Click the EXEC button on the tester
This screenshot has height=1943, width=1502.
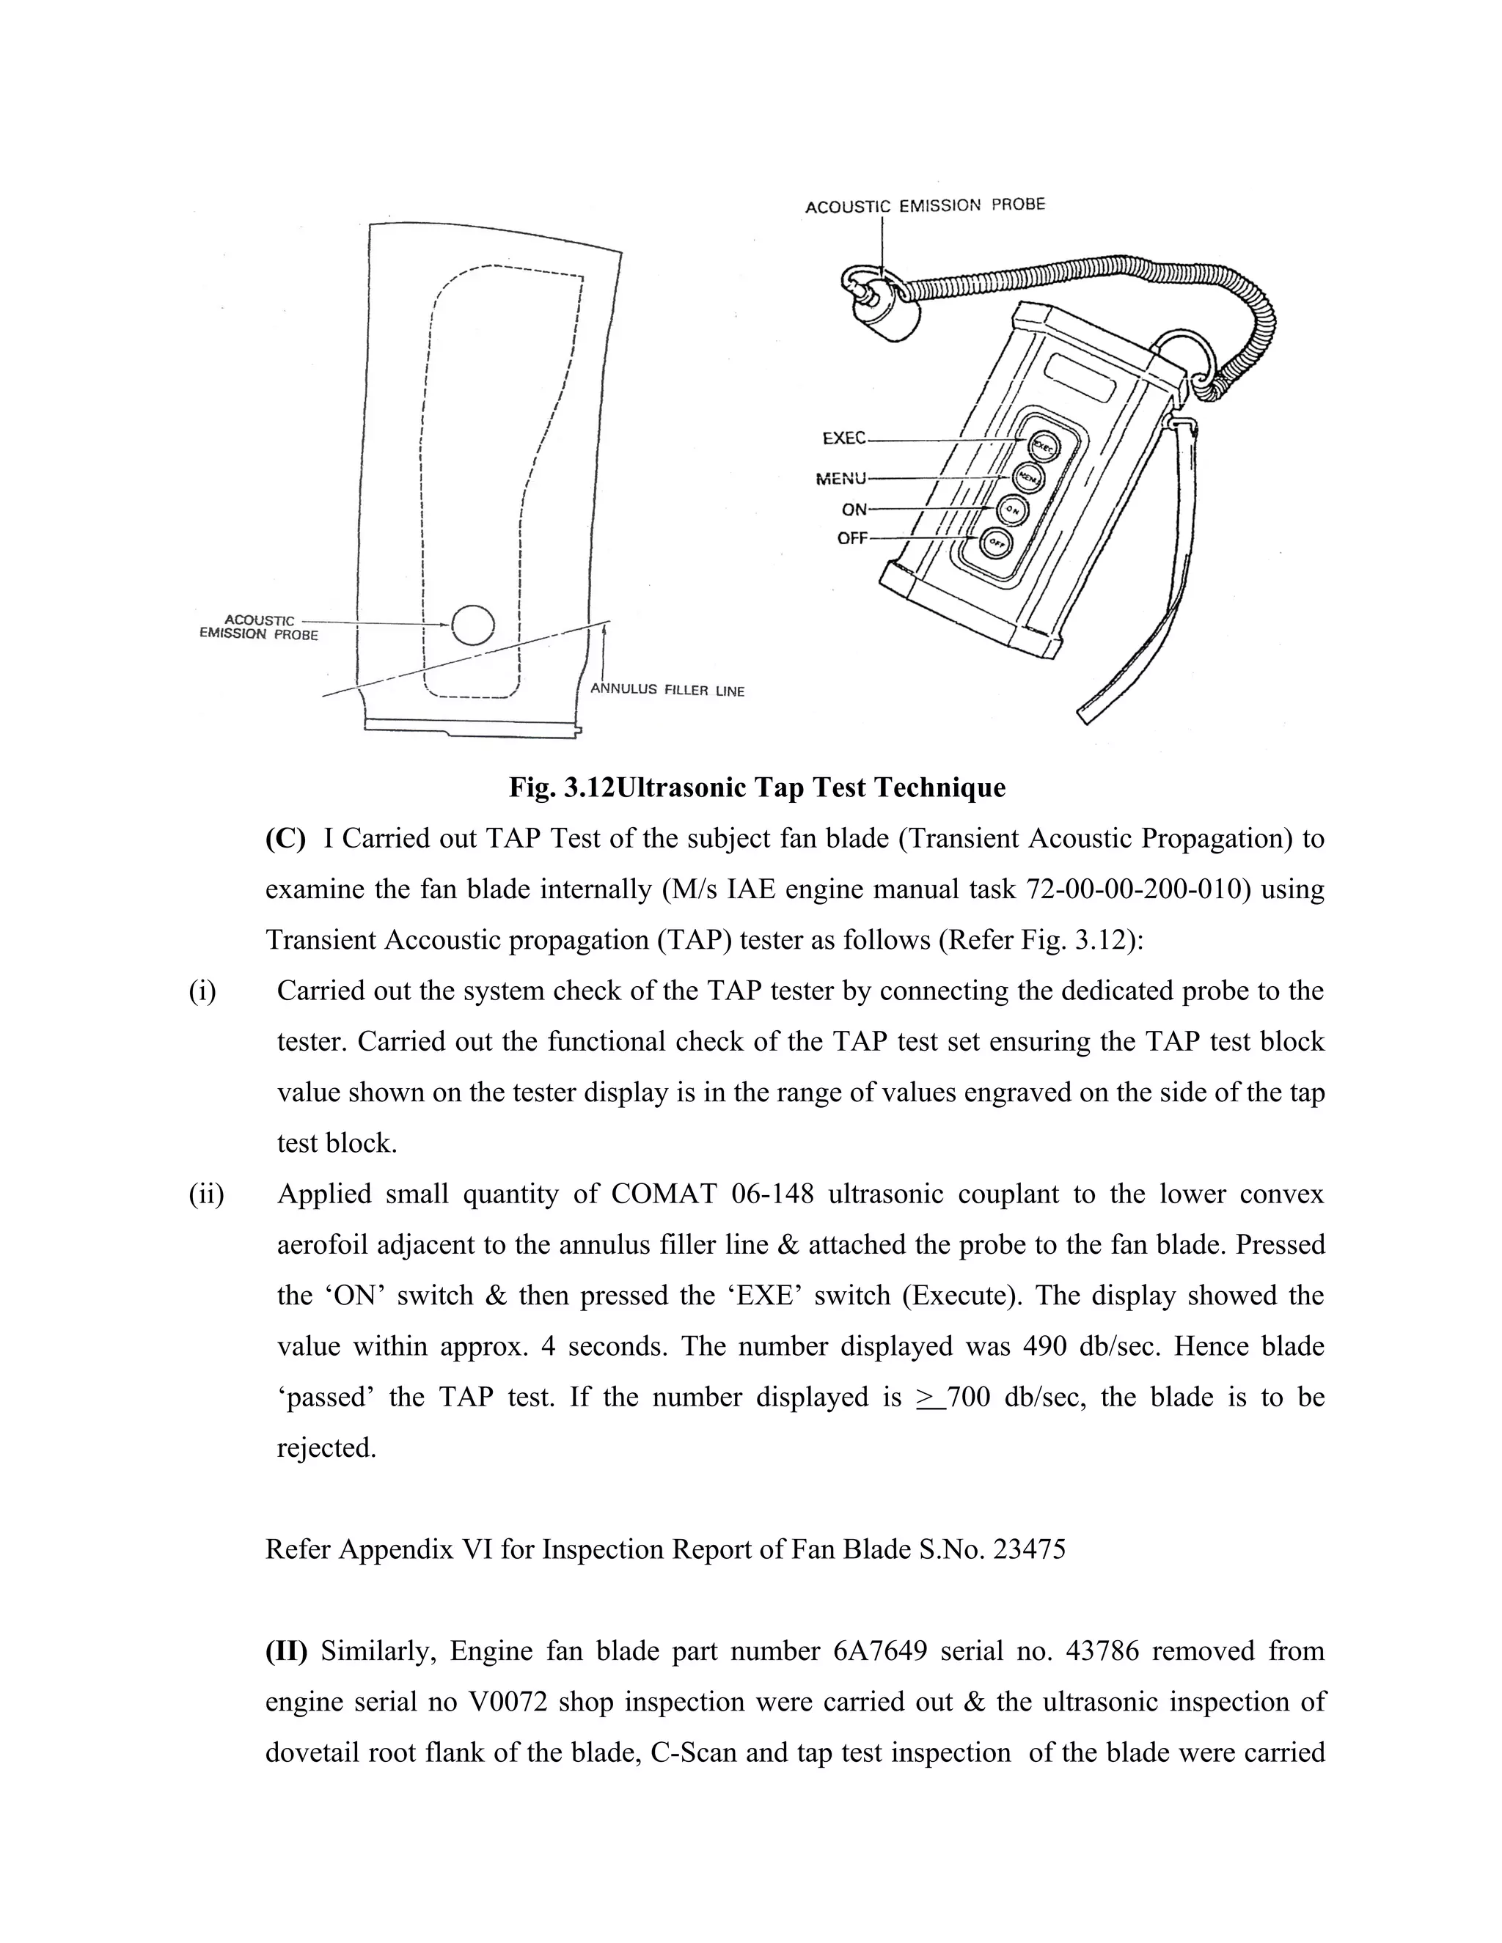[x=1042, y=447]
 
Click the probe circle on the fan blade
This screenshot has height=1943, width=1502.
[x=472, y=625]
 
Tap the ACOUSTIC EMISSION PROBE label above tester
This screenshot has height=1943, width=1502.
[x=925, y=205]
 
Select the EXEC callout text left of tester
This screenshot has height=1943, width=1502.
[x=843, y=438]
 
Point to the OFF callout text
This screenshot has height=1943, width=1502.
[x=851, y=538]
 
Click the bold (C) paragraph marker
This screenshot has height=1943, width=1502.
[x=285, y=839]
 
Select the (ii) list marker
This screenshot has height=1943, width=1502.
[x=205, y=1194]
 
